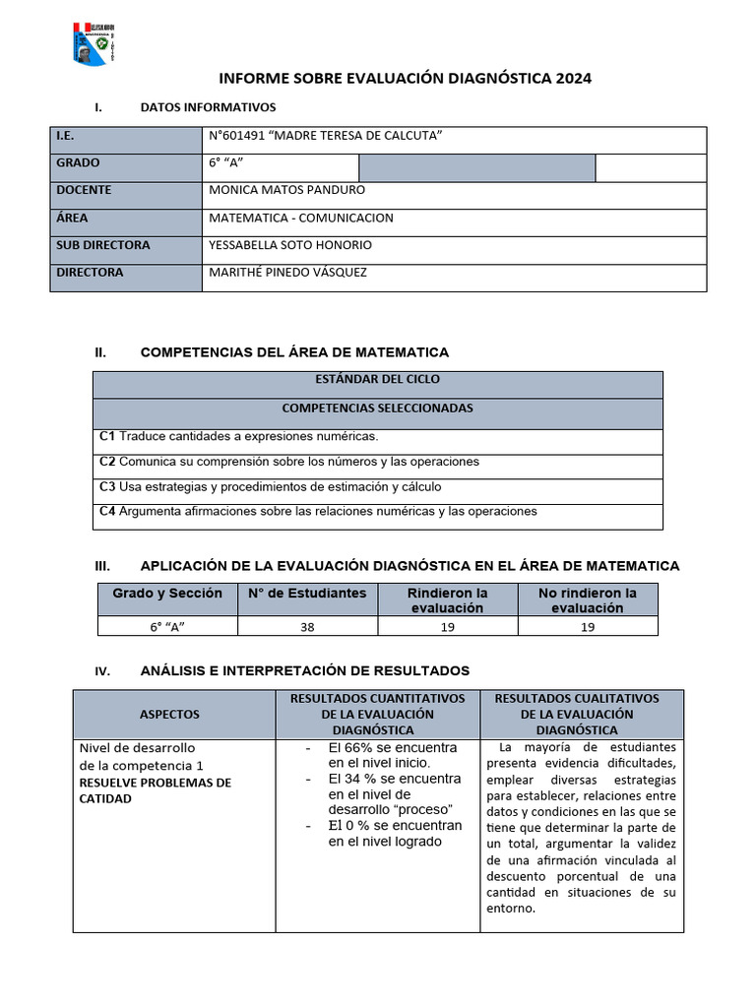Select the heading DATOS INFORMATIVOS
tap(208, 107)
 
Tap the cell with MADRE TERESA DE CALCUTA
tap(326, 136)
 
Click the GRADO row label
tap(78, 163)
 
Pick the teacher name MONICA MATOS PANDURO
tap(287, 190)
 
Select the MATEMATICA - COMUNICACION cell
tap(301, 218)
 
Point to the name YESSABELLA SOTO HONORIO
tap(290, 245)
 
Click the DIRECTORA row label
tap(90, 273)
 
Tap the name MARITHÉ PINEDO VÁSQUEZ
tap(287, 273)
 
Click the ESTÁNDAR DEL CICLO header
tap(377, 379)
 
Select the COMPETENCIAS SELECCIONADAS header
tap(377, 408)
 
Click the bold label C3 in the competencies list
tap(108, 486)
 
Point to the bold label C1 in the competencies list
tap(108, 436)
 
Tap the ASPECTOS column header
tap(169, 715)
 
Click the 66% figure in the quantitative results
tap(355, 748)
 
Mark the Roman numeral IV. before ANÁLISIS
tap(102, 672)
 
